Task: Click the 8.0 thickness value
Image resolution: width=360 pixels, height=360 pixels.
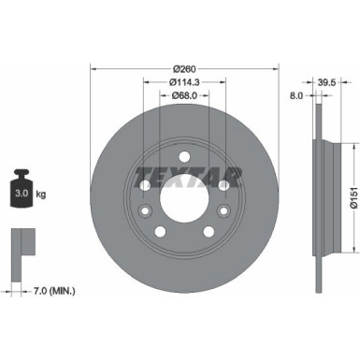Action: [x=296, y=95]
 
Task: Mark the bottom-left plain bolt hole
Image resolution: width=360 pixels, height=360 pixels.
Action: [x=160, y=229]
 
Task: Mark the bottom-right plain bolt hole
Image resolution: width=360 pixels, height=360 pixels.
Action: [x=208, y=229]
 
